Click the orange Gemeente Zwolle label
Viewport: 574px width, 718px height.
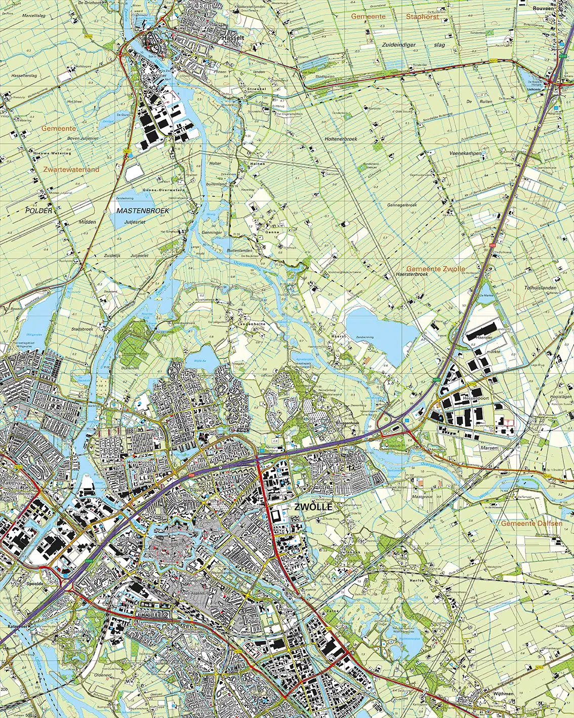pos(435,268)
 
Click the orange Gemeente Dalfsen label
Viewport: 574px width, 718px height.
pos(531,523)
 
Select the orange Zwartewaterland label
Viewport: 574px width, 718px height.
pos(71,170)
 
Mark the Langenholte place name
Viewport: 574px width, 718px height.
pos(252,324)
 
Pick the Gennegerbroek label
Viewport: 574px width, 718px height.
pos(401,205)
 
